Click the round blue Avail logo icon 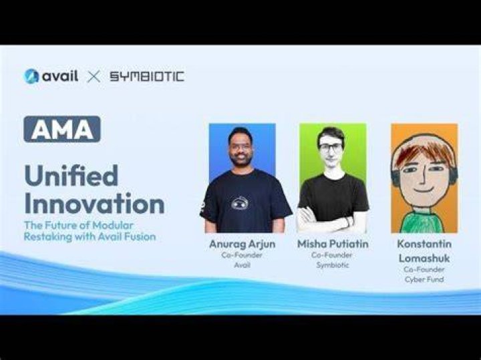pyautogui.click(x=31, y=76)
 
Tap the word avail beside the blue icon pyautogui.click(x=60, y=75)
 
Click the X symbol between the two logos pyautogui.click(x=94, y=77)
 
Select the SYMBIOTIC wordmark pyautogui.click(x=147, y=76)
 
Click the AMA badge pyautogui.click(x=62, y=129)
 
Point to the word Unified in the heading pyautogui.click(x=71, y=176)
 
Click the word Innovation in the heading pyautogui.click(x=94, y=203)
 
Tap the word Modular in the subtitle pyautogui.click(x=113, y=225)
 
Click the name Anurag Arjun pyautogui.click(x=243, y=244)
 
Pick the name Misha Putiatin pyautogui.click(x=333, y=244)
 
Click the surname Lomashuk pyautogui.click(x=424, y=258)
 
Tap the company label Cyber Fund pyautogui.click(x=424, y=279)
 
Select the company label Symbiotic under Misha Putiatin pyautogui.click(x=333, y=265)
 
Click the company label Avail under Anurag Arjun pyautogui.click(x=242, y=265)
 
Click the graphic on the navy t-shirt pyautogui.click(x=240, y=203)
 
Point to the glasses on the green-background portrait pyautogui.click(x=331, y=147)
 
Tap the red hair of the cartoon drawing pyautogui.click(x=424, y=152)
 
